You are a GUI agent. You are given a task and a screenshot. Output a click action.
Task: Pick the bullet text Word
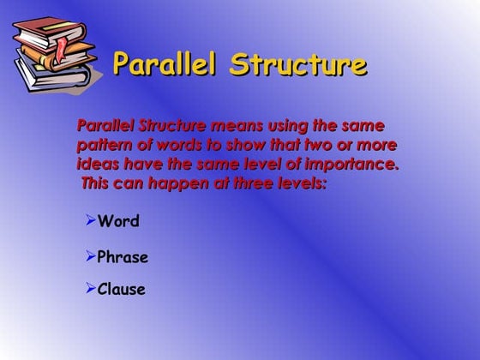(x=118, y=222)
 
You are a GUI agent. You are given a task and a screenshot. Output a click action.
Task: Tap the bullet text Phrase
(x=123, y=257)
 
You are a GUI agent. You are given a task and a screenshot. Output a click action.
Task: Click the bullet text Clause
(x=121, y=290)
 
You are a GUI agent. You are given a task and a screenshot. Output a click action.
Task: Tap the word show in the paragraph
(x=239, y=144)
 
